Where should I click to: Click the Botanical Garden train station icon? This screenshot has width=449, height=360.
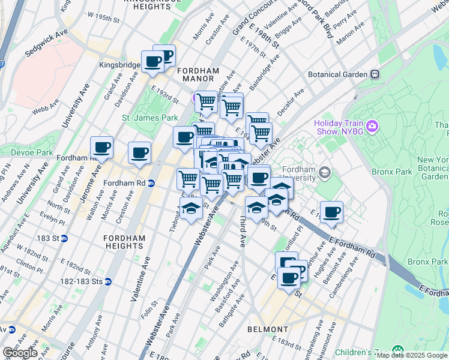[375, 74]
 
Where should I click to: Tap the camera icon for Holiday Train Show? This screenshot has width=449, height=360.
[372, 126]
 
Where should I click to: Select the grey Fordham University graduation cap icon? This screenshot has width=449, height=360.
[325, 173]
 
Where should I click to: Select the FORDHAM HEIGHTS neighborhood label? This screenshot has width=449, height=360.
[125, 242]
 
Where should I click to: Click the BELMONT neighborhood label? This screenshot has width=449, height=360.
[267, 329]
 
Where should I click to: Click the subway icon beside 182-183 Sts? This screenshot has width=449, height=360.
[108, 281]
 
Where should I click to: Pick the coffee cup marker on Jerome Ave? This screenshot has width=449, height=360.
[101, 147]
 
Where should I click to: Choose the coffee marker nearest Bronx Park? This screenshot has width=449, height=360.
[331, 212]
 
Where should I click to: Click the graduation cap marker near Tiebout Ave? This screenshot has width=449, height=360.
[191, 208]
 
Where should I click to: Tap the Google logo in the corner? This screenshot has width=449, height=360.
[20, 353]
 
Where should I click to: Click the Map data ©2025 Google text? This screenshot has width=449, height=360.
[412, 355]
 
